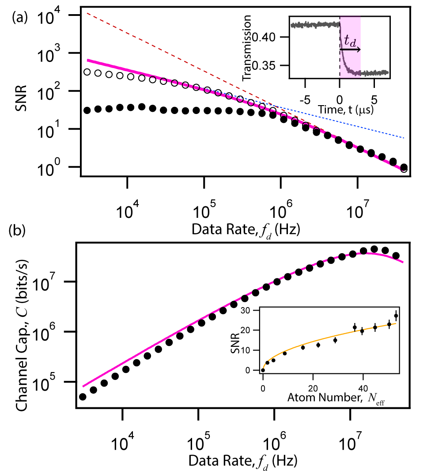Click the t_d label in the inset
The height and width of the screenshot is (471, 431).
(350, 41)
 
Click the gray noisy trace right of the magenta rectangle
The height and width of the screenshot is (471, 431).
(375, 72)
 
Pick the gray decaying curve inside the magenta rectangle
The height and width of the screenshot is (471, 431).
(344, 62)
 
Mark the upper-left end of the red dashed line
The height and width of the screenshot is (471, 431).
(87, 13)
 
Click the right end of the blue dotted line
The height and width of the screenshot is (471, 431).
(404, 138)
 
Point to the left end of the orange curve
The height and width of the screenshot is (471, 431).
(264, 368)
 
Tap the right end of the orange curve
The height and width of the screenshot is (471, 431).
(396, 324)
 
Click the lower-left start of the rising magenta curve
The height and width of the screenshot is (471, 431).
(83, 386)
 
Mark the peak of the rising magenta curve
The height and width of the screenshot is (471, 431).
(367, 253)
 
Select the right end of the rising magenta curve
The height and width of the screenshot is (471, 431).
(403, 262)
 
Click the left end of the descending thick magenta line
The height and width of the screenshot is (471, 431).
(88, 60)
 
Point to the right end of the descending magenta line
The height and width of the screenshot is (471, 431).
(403, 171)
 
